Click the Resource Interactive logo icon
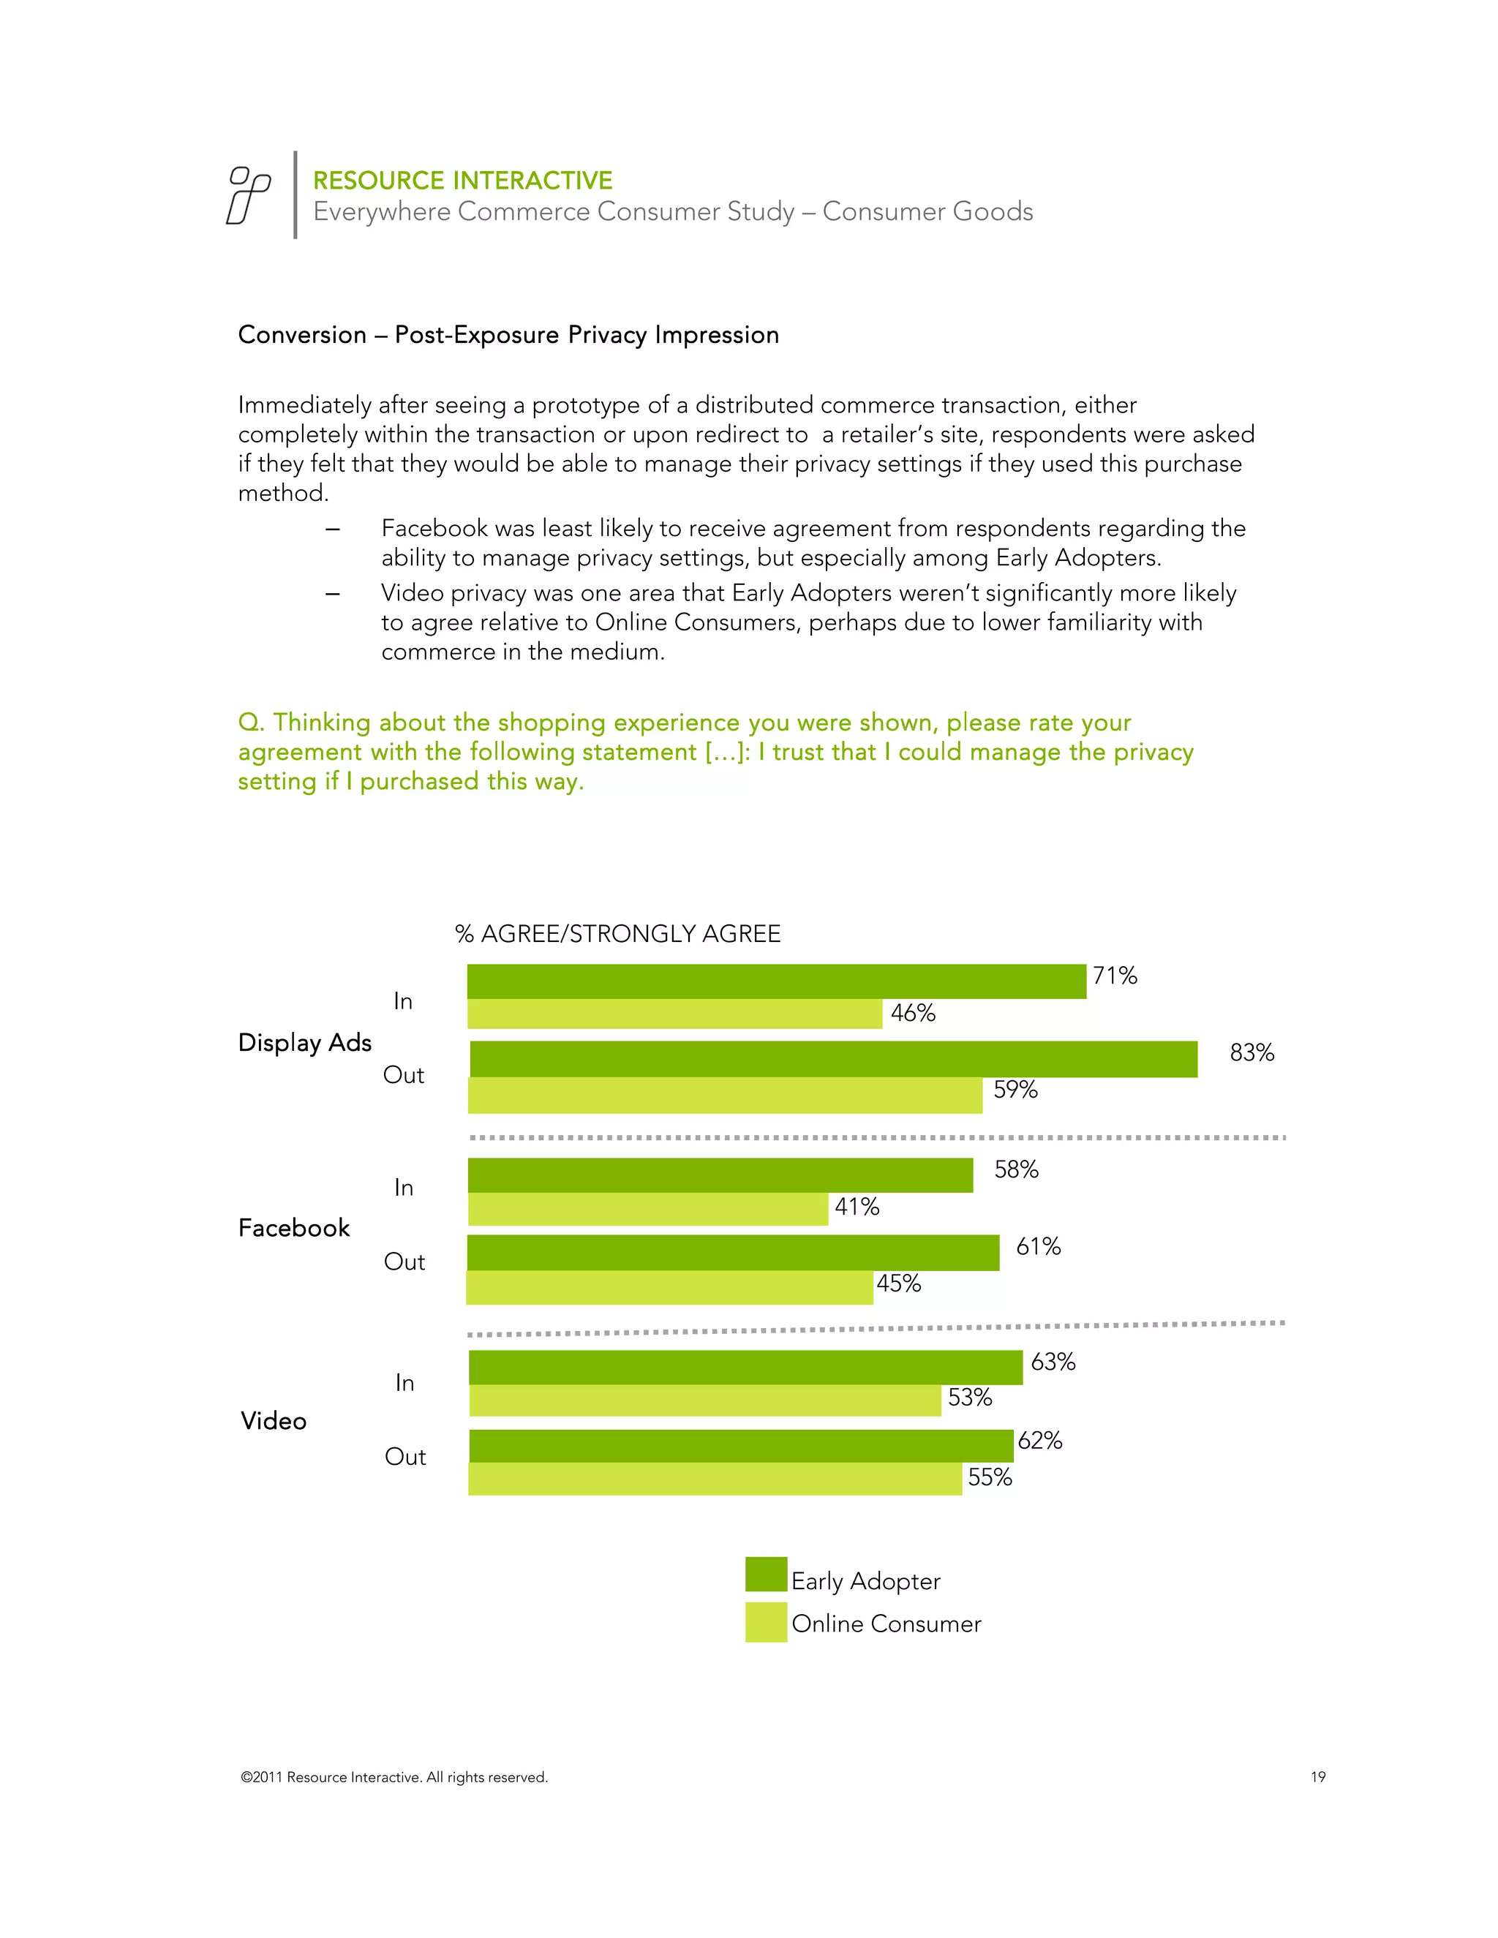[x=249, y=195]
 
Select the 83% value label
[x=1252, y=1052]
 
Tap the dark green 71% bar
[x=777, y=981]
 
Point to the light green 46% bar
[x=674, y=1014]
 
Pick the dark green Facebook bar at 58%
[x=720, y=1175]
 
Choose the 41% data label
[x=857, y=1207]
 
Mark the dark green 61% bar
[x=733, y=1252]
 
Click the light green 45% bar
[x=669, y=1288]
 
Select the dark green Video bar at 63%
[x=745, y=1368]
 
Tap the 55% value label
[x=990, y=1477]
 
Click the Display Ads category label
[x=304, y=1043]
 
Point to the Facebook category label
[x=294, y=1228]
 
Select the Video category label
[x=274, y=1422]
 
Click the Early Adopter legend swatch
[x=766, y=1575]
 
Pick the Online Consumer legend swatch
[x=766, y=1622]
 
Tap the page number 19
[x=1318, y=1777]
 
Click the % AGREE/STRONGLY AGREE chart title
[x=617, y=933]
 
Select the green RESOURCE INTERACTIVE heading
[x=462, y=181]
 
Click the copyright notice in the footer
[x=394, y=1777]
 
